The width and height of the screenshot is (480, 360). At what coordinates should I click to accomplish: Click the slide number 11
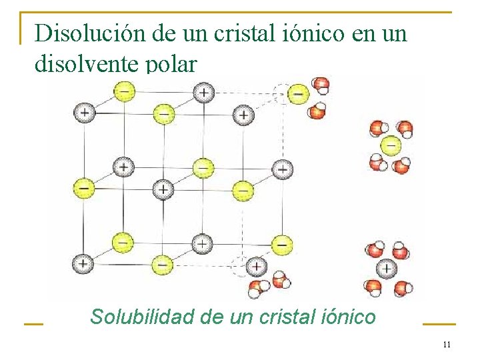coord(447,345)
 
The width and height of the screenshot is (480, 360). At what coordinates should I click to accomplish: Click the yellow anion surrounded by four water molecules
coord(390,145)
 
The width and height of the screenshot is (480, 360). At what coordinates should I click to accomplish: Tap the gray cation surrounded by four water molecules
coord(386,269)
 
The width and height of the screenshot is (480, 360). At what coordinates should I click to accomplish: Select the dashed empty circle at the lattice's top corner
coord(283,93)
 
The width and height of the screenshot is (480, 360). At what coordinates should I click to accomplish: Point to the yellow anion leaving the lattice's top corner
coord(299,94)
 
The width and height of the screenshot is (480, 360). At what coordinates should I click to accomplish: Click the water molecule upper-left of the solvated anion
coord(377,128)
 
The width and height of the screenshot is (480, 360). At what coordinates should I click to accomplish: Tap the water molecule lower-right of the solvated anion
coord(401,165)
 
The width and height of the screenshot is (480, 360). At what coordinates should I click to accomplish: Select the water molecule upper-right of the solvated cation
coord(399,251)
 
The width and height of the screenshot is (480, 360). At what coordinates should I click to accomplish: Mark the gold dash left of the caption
coord(33,324)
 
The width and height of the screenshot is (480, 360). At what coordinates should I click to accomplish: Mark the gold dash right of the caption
coord(439,324)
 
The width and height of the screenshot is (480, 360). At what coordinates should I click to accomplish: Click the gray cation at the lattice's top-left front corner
coord(84,113)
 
